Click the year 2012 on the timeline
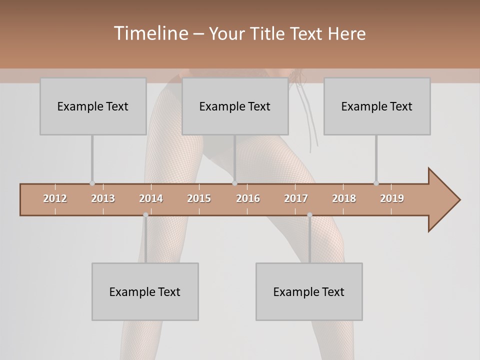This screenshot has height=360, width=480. click(x=55, y=198)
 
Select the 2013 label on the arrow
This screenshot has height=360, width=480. click(x=103, y=198)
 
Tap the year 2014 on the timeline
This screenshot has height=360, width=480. click(x=151, y=198)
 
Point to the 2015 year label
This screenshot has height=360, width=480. click(x=199, y=198)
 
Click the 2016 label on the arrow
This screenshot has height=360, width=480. click(x=248, y=198)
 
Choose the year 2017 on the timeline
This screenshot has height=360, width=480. click(x=296, y=198)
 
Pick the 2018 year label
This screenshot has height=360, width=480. click(x=344, y=198)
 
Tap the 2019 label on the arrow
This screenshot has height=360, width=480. click(x=392, y=198)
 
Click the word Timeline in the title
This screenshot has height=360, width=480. click(x=150, y=33)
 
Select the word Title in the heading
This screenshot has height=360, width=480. click(x=268, y=33)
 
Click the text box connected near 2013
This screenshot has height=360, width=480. click(x=93, y=106)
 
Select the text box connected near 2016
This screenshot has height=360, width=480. click(x=235, y=106)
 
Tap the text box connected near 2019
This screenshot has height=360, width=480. click(x=377, y=106)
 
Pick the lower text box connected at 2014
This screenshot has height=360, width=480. click(x=145, y=291)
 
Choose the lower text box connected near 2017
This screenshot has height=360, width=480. click(x=309, y=291)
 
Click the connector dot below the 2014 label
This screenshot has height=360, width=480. click(x=145, y=215)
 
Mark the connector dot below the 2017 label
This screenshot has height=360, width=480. click(x=309, y=215)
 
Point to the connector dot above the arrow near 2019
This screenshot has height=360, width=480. click(x=376, y=183)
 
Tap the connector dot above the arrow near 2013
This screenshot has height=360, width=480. click(x=92, y=183)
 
